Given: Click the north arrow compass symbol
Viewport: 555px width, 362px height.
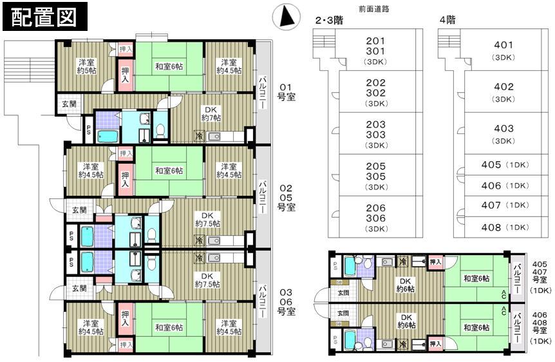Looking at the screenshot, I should [285, 16].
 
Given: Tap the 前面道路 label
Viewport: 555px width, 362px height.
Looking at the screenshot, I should [374, 9].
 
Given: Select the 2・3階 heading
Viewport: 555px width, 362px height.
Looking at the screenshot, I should [328, 21].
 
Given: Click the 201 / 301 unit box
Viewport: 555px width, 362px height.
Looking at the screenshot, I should [375, 50].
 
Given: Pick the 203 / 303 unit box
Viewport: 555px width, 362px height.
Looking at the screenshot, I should [375, 133].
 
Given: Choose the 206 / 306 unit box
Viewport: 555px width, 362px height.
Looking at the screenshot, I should [375, 218].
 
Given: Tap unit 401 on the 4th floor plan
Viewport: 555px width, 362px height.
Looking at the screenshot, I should [503, 50].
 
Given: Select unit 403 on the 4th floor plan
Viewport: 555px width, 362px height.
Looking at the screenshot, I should [503, 133].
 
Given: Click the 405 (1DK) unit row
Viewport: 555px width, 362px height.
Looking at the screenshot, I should [503, 165].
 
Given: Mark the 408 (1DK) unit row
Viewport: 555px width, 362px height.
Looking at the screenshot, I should [503, 227].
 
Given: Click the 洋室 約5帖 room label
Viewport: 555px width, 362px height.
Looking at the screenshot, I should [87, 66].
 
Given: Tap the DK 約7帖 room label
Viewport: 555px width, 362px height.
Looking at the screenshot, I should [211, 113].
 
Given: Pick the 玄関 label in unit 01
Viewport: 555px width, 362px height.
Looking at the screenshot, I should [68, 104].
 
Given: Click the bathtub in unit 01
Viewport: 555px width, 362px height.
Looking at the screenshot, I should [108, 137].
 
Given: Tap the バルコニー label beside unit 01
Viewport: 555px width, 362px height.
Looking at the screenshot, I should [263, 92].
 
